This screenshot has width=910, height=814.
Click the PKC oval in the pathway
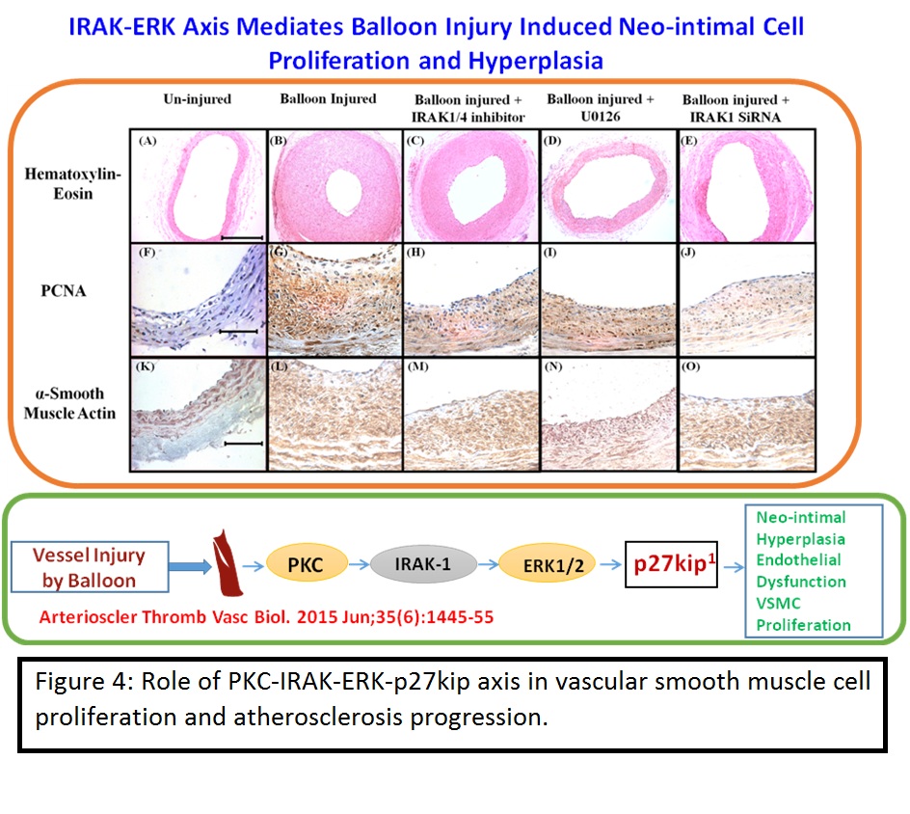click(307, 564)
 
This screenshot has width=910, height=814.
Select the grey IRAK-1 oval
click(423, 564)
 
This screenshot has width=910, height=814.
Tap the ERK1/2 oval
click(548, 565)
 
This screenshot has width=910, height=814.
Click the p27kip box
click(672, 564)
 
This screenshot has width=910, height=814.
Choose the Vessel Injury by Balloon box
click(90, 567)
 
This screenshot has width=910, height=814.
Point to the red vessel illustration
click(227, 562)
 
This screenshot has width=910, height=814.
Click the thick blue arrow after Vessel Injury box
click(190, 566)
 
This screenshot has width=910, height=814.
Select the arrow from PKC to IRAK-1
click(360, 564)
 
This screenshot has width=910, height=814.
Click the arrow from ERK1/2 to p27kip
click(610, 564)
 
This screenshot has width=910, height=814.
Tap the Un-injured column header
click(198, 99)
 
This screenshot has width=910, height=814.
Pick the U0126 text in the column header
click(601, 116)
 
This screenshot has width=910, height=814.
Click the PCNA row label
click(64, 291)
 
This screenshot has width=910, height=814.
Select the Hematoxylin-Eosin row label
click(72, 183)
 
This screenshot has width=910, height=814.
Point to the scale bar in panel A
click(243, 237)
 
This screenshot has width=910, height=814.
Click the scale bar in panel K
click(244, 444)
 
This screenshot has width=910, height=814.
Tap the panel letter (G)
click(279, 253)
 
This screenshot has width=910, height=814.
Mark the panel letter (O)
click(690, 366)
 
